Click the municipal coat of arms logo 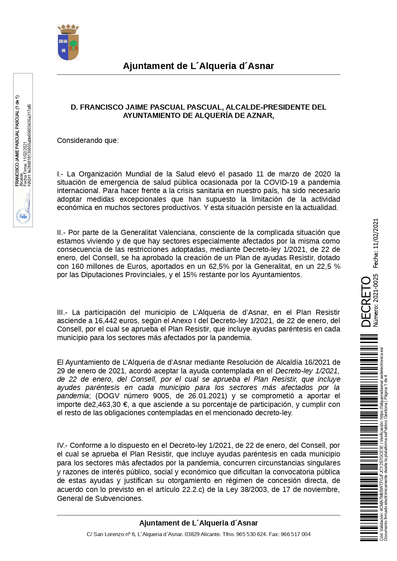pyautogui.click(x=68, y=42)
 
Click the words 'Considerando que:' pyautogui.click(x=88, y=141)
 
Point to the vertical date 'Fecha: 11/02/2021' pyautogui.click(x=376, y=243)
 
